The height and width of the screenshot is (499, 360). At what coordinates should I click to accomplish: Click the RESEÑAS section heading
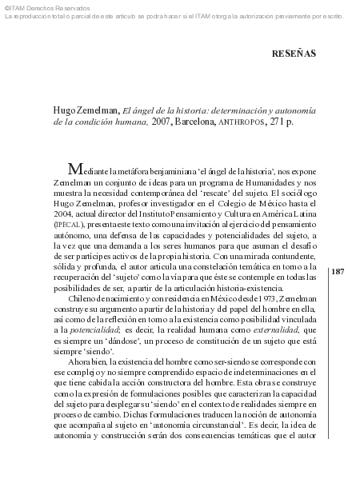[x=294, y=54]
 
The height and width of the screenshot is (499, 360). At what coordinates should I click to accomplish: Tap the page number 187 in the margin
[x=337, y=272]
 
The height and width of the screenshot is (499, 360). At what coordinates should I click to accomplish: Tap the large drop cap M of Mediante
[x=76, y=169]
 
